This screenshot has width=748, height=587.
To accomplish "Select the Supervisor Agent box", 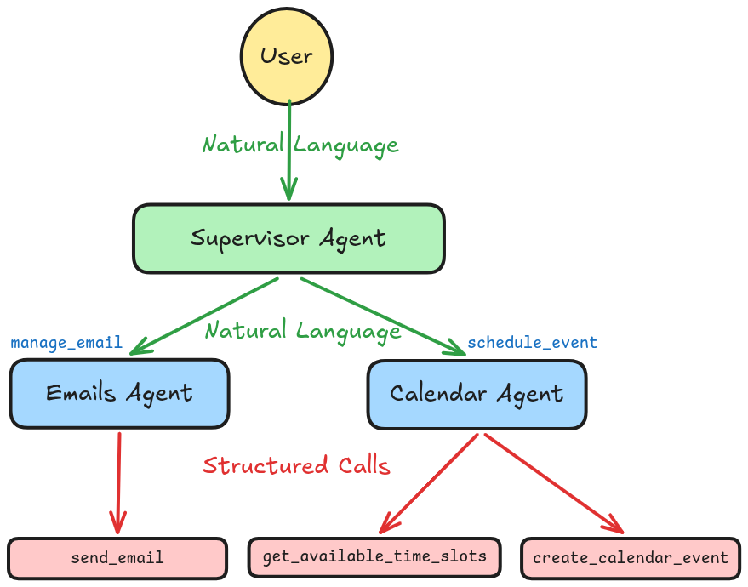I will click(288, 238).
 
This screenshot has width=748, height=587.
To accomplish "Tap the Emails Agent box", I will click(119, 393).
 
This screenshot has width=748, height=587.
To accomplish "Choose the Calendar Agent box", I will click(477, 394).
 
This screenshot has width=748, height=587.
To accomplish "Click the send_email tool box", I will click(117, 558).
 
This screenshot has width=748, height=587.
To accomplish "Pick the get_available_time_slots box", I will click(375, 556).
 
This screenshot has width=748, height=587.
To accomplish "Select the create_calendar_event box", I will click(631, 558).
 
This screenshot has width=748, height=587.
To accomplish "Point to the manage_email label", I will click(66, 344).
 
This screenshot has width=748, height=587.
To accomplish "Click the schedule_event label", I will click(532, 343).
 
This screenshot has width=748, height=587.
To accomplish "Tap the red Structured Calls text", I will click(296, 466).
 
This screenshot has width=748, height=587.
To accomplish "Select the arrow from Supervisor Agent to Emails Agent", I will click(204, 315).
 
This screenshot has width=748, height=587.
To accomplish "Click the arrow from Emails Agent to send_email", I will click(117, 485).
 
